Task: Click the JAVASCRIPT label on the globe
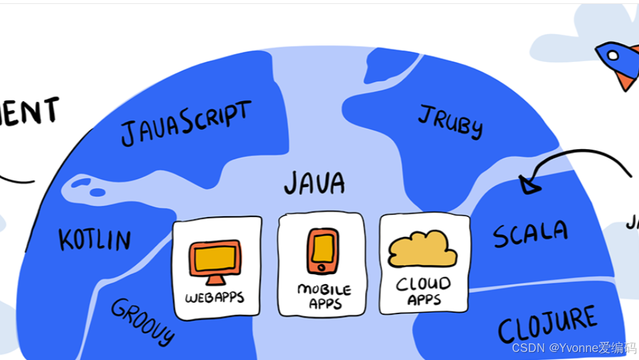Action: pyautogui.click(x=186, y=123)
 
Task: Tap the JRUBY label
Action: pyautogui.click(x=450, y=121)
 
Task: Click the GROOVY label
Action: pyautogui.click(x=142, y=321)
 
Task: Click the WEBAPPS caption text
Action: pyautogui.click(x=214, y=297)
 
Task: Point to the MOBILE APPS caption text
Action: pyautogui.click(x=324, y=297)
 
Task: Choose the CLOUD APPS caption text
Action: pyautogui.click(x=424, y=291)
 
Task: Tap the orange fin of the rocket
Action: pyautogui.click(x=625, y=81)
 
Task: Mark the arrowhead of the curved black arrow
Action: pyautogui.click(x=528, y=184)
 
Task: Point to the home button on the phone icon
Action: pyautogui.click(x=322, y=268)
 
